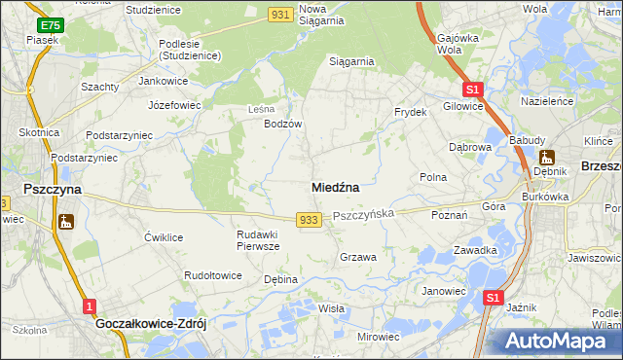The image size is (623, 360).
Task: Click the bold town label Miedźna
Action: pos(337,186)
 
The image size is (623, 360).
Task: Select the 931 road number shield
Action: pos(280,14)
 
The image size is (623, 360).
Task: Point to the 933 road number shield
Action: pos(309,220)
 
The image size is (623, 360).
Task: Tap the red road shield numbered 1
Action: pos(90,306)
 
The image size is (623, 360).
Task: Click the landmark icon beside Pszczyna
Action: pos(66,223)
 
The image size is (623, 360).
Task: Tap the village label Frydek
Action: pos(411,113)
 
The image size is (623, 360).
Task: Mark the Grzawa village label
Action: pos(357,257)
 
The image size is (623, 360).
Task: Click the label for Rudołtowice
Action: pos(213,275)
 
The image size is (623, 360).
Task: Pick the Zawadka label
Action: pos(475,250)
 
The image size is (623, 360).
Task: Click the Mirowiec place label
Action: pos(379,336)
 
